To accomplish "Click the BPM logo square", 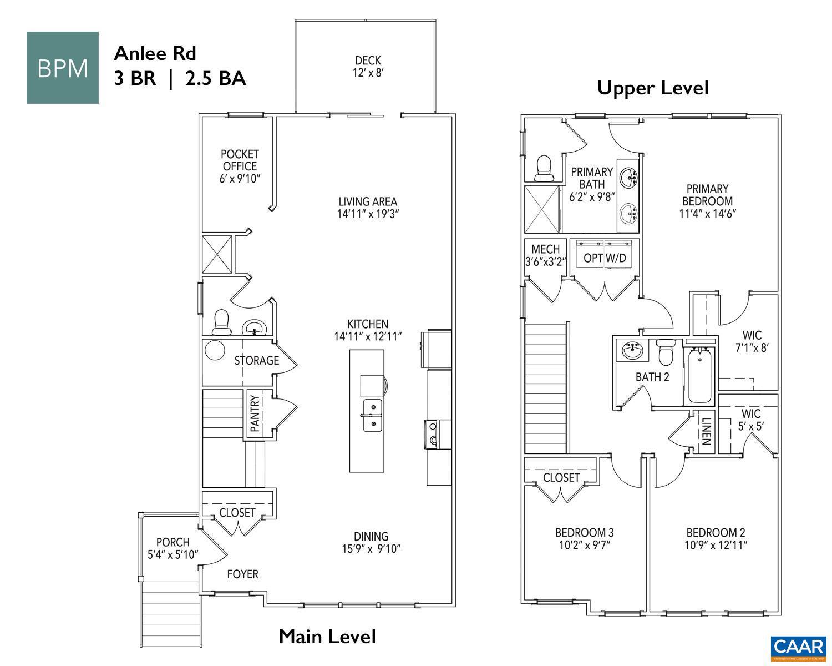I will click(63, 68).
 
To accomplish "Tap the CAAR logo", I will click(798, 647).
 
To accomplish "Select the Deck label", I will click(368, 60).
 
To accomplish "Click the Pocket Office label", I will click(240, 160).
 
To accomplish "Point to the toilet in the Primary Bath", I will click(543, 168).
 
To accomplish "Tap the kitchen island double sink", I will click(372, 415).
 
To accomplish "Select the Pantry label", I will click(255, 413).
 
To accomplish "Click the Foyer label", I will click(242, 574).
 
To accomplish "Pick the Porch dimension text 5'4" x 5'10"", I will click(173, 554).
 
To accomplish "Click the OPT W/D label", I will click(605, 258).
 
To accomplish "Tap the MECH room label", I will click(545, 249).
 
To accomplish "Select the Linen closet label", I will click(706, 431).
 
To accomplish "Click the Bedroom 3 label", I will click(584, 532).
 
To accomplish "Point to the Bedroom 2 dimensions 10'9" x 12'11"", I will click(715, 545).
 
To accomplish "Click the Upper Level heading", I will click(652, 88).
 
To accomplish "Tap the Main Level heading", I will click(327, 636).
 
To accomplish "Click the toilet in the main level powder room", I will click(222, 322).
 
